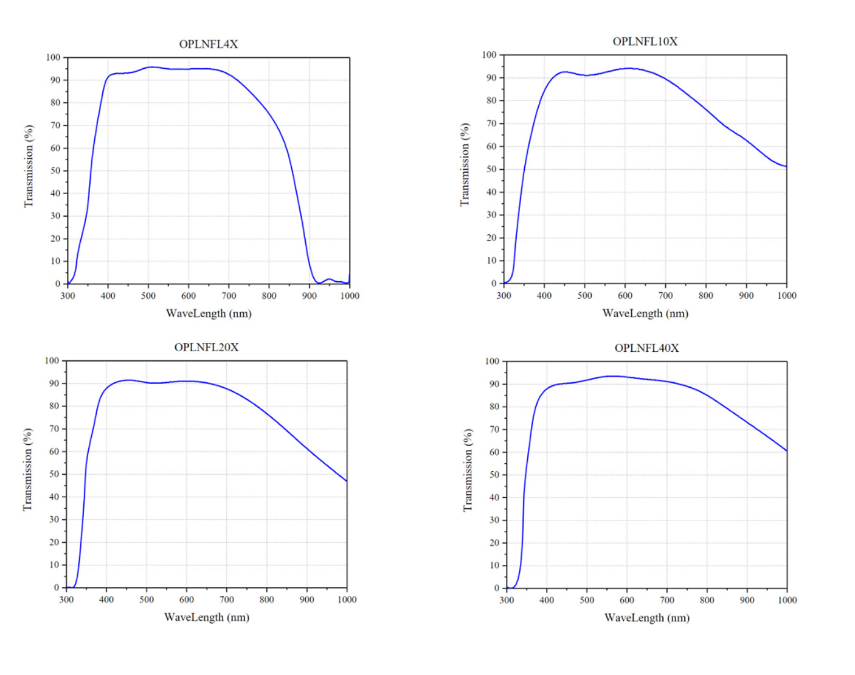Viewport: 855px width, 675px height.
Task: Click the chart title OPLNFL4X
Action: tap(208, 44)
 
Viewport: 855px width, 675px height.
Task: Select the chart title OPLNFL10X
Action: tap(645, 41)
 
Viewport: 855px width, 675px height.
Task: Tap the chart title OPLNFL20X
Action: tap(206, 347)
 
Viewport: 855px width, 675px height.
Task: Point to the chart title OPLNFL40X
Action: tap(646, 348)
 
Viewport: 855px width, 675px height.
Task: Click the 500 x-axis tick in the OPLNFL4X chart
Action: tap(148, 296)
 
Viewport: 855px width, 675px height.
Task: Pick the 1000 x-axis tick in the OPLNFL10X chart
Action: tap(786, 295)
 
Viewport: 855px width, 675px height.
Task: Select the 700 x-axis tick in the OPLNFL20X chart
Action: tap(226, 600)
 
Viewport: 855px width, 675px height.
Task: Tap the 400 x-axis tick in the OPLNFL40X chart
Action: tap(547, 600)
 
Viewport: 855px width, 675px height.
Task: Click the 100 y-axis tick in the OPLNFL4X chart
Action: tap(54, 57)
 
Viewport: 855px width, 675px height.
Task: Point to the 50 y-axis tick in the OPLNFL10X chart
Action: tap(491, 169)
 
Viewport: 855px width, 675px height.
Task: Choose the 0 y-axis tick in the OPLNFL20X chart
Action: tap(57, 587)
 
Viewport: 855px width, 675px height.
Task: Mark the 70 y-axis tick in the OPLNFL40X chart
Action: tap(494, 430)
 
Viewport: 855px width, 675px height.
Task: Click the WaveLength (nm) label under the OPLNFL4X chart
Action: tap(209, 313)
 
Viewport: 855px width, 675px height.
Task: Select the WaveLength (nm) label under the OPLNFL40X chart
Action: tap(646, 618)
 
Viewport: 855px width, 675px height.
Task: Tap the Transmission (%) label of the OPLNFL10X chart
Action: tap(465, 165)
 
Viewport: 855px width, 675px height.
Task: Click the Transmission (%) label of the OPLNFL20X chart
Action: tap(27, 469)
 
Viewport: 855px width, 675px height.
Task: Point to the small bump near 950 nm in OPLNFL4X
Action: tap(330, 279)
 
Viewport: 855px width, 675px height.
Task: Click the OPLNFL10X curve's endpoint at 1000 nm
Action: tap(786, 166)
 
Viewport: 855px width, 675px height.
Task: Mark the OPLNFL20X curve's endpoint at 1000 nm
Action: tap(347, 481)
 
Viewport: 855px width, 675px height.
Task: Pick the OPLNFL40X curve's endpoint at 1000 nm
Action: tap(787, 451)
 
